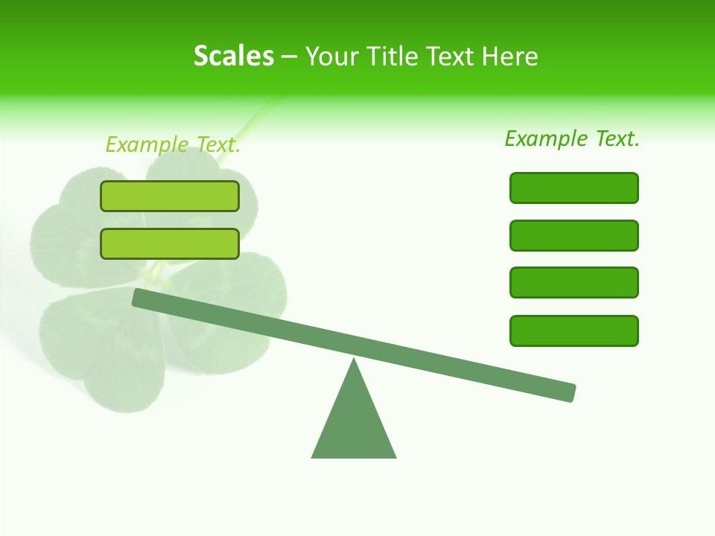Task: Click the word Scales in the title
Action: [233, 57]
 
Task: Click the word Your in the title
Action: [331, 57]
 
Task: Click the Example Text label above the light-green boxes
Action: [173, 144]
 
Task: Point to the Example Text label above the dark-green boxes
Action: [572, 138]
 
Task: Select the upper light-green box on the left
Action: [170, 197]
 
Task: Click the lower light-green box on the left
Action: [170, 243]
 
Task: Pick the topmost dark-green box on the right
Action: [574, 188]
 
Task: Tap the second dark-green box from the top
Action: [574, 235]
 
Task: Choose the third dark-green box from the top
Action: [574, 283]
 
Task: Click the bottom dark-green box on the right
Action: [574, 331]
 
